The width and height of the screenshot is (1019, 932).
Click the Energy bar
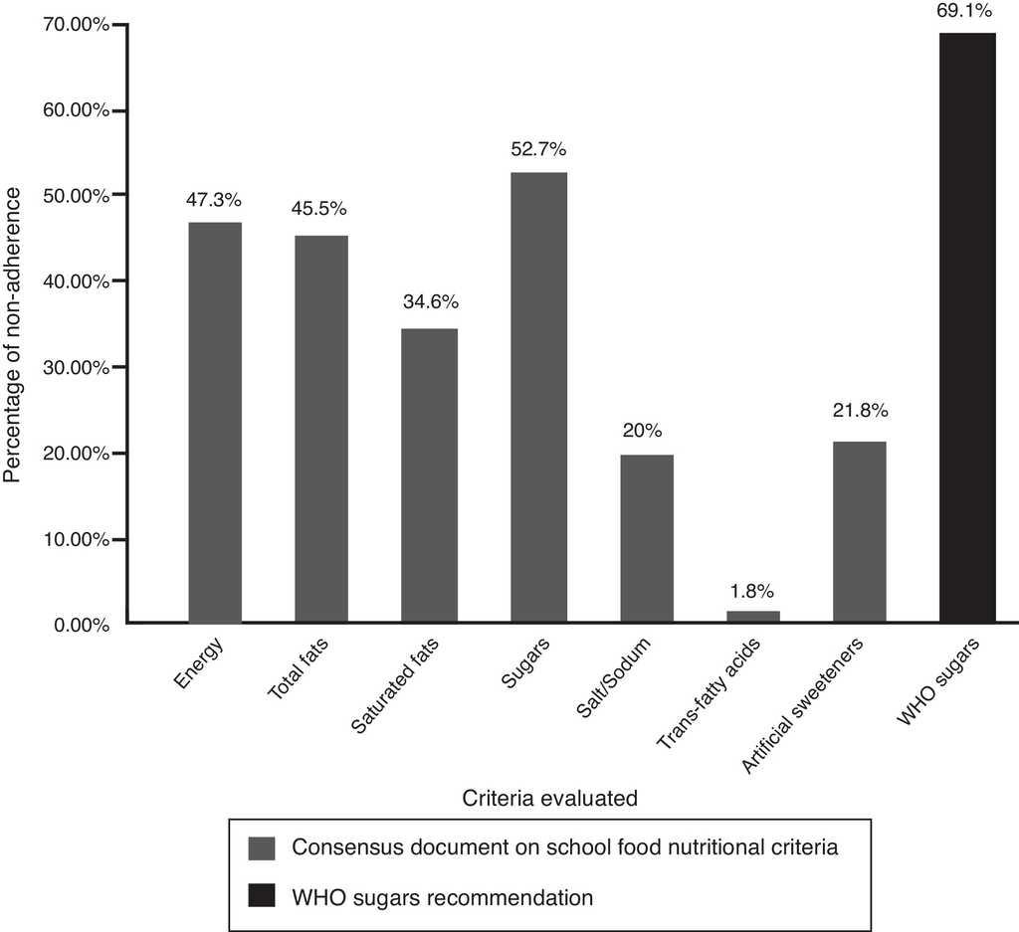click(x=214, y=423)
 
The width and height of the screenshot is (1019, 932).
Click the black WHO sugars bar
click(x=967, y=328)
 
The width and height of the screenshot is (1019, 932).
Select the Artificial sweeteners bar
click(x=860, y=532)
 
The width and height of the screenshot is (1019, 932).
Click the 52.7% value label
click(x=538, y=150)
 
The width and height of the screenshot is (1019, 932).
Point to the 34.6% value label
click(x=431, y=302)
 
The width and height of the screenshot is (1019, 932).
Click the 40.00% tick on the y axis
click(x=81, y=281)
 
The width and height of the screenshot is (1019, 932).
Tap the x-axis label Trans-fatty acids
click(x=712, y=690)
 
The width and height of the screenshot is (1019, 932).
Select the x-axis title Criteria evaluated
click(x=549, y=797)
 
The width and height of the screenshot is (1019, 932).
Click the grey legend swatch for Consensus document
click(x=261, y=847)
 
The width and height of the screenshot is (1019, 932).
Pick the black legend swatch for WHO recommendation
click(x=261, y=897)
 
